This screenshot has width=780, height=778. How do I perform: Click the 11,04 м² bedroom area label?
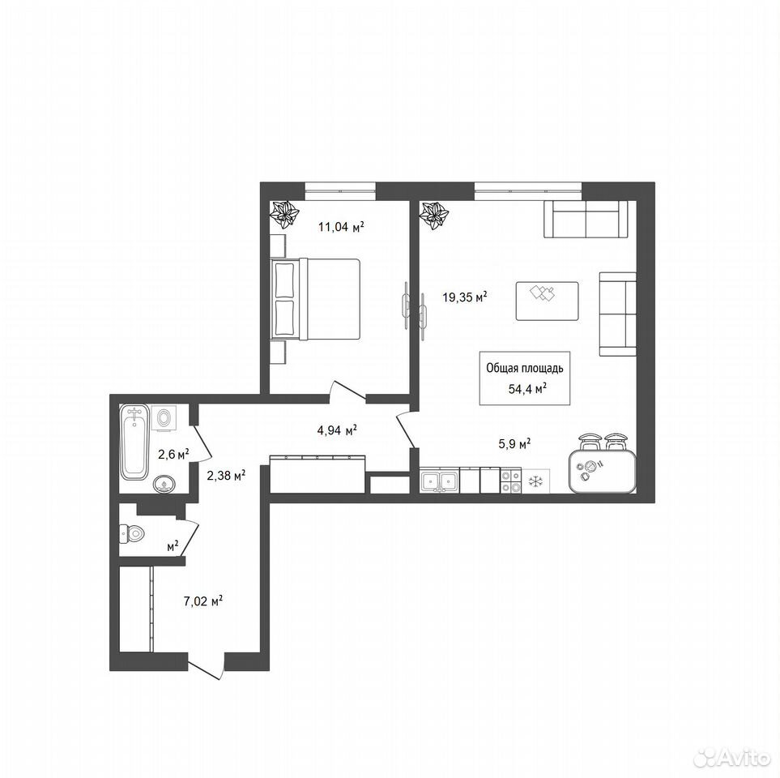pyautogui.click(x=341, y=228)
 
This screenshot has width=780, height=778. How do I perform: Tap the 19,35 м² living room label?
pyautogui.click(x=465, y=297)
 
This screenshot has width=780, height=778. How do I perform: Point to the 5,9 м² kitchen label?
pyautogui.click(x=514, y=443)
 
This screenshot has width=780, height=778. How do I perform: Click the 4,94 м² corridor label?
pyautogui.click(x=337, y=430)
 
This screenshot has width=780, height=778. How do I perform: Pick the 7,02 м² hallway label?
pyautogui.click(x=203, y=601)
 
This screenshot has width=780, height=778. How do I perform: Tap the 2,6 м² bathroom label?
pyautogui.click(x=173, y=454)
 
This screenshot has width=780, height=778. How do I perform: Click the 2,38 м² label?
pyautogui.click(x=227, y=476)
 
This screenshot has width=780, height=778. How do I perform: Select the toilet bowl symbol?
pyautogui.click(x=131, y=533)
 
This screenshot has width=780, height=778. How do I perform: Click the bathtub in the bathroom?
pyautogui.click(x=134, y=442)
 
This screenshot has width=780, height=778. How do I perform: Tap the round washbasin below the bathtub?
pyautogui.click(x=164, y=484)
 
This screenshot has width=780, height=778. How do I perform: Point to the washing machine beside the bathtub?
pyautogui.click(x=164, y=417)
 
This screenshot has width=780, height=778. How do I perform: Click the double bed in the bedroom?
pyautogui.click(x=315, y=299)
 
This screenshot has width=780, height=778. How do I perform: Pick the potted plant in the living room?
pyautogui.click(x=434, y=216)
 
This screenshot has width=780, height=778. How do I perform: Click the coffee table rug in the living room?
pyautogui.click(x=548, y=301)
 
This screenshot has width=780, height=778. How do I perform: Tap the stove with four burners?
pyautogui.click(x=511, y=481)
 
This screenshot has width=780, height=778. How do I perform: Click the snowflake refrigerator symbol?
pyautogui.click(x=535, y=481)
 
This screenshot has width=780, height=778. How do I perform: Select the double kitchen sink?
pyautogui.click(x=440, y=481)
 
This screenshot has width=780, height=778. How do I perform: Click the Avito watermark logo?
pyautogui.click(x=731, y=758)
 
